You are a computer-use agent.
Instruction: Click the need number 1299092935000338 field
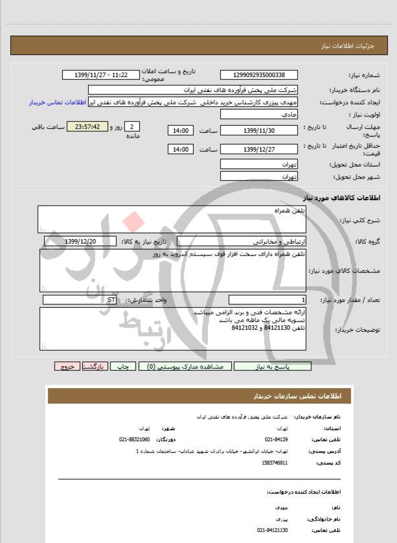[x=259, y=76]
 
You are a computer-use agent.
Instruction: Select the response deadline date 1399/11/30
[x=259, y=131]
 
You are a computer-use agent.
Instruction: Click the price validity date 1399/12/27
[x=259, y=150]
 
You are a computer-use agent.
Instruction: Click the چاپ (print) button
[x=128, y=366]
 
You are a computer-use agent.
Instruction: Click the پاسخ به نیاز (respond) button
[x=273, y=366]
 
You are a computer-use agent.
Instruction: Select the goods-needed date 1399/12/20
[x=81, y=241]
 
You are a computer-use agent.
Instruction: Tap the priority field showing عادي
[x=259, y=114]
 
